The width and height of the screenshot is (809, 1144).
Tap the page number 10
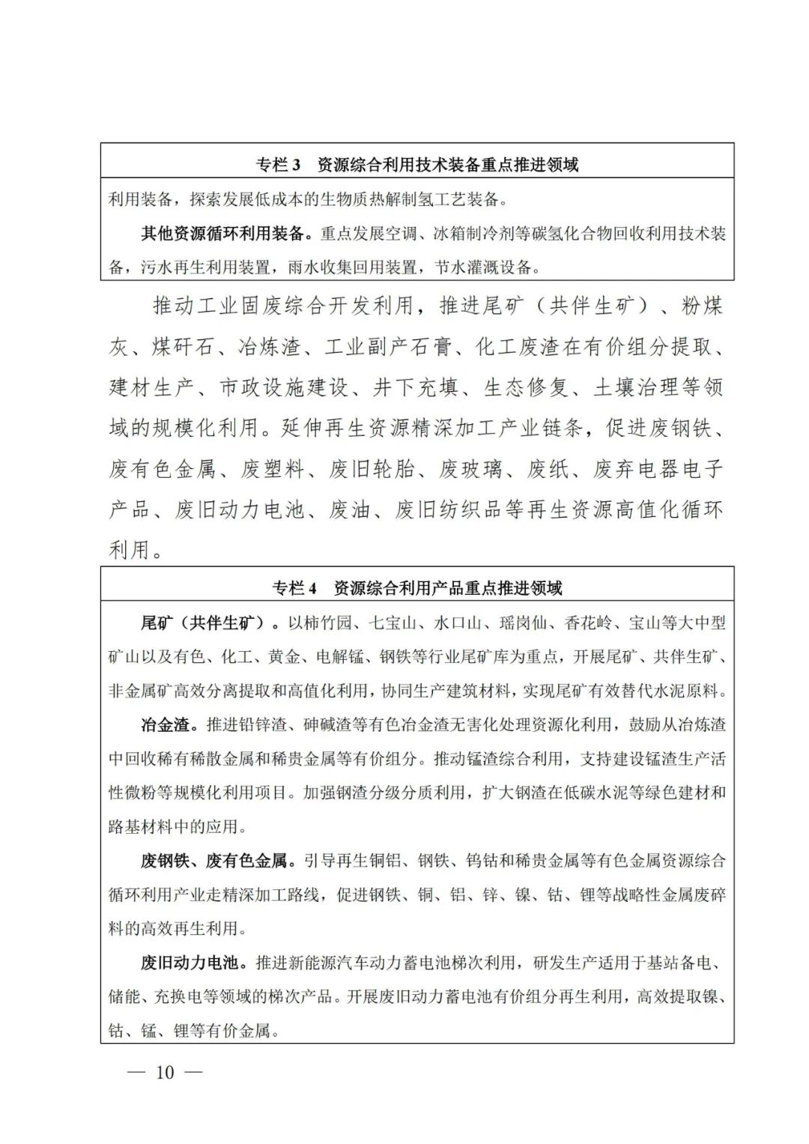click(x=164, y=1072)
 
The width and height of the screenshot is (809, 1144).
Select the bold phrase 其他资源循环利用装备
click(x=223, y=233)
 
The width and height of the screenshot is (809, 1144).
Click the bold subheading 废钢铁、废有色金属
click(x=214, y=861)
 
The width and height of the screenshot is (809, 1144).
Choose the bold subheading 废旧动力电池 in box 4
click(x=190, y=962)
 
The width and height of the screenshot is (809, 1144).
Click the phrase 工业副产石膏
click(x=389, y=347)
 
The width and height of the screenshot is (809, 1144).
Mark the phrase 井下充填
click(x=417, y=387)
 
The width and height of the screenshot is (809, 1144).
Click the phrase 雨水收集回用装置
click(x=352, y=267)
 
